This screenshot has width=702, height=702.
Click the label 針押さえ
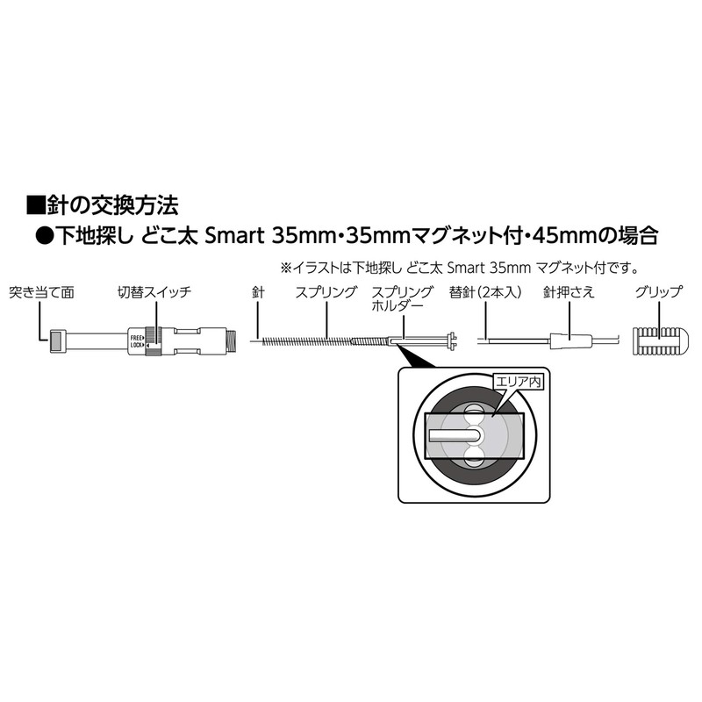[x=569, y=291]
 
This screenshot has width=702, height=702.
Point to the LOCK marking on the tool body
[x=136, y=345]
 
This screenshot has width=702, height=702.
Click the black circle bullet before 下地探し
[x=44, y=236]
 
